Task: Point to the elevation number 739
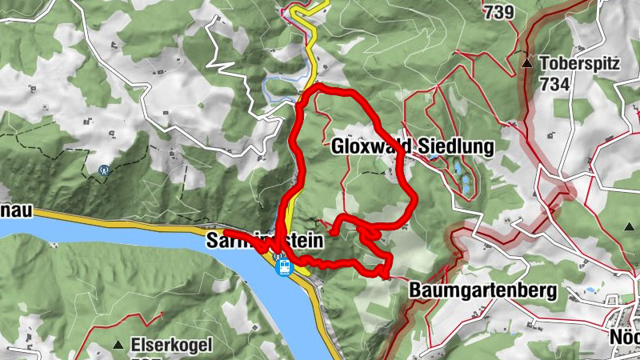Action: [498, 10]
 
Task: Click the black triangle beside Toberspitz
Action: [527, 62]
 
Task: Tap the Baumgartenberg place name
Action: [482, 290]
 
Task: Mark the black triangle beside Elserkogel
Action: [118, 345]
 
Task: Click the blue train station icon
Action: [282, 269]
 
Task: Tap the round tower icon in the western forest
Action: [103, 170]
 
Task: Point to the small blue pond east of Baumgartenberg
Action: [590, 290]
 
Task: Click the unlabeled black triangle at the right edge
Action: [626, 226]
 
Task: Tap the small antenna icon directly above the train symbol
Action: [278, 256]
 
